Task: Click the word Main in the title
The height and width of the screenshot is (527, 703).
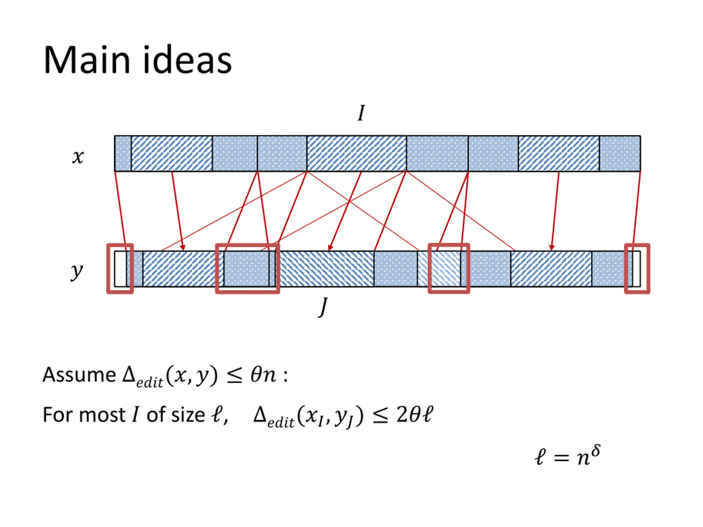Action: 87,60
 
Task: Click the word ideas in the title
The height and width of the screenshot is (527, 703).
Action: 187,60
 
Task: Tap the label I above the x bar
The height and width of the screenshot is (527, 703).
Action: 361,113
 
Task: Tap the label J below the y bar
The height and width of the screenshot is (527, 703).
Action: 323,307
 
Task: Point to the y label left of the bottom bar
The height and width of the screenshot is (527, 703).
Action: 77,272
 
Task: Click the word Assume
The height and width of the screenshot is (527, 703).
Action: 79,375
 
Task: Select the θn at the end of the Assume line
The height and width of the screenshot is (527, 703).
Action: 263,375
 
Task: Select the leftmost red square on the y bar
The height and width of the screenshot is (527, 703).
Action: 120,269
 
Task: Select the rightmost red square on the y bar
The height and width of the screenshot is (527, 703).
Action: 637,269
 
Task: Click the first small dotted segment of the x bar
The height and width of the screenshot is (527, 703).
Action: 123,153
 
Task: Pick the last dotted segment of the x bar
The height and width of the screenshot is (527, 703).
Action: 620,153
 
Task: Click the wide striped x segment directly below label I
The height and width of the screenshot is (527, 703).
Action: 357,153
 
